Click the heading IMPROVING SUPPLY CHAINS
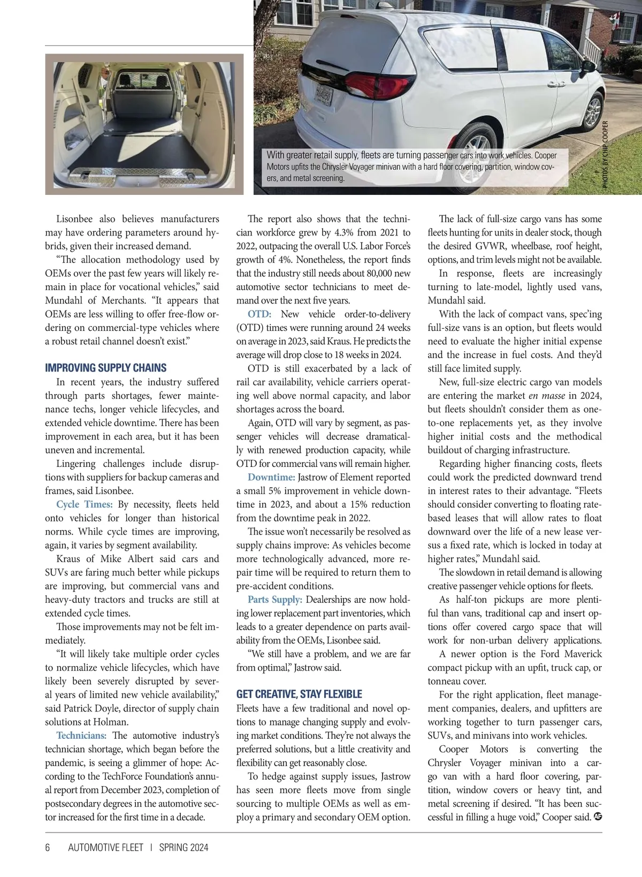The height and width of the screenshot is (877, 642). pos(105,368)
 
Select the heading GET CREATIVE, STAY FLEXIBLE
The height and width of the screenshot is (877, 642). pos(299,694)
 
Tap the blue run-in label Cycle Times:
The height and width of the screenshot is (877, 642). pos(84,504)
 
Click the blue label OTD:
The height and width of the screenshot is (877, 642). pos(259,314)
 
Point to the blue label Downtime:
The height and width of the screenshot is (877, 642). pos(271,477)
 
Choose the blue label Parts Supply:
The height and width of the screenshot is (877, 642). pos(274,600)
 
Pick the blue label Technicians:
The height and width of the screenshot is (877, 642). pos(81,736)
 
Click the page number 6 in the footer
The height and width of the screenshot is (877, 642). pos(48,848)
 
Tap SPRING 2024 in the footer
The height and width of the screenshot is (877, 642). pos(184,848)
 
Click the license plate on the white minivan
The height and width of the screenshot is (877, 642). pos(324,96)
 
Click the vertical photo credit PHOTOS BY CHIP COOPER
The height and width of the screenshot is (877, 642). pos(605,154)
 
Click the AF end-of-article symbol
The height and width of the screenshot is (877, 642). pos(598,816)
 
